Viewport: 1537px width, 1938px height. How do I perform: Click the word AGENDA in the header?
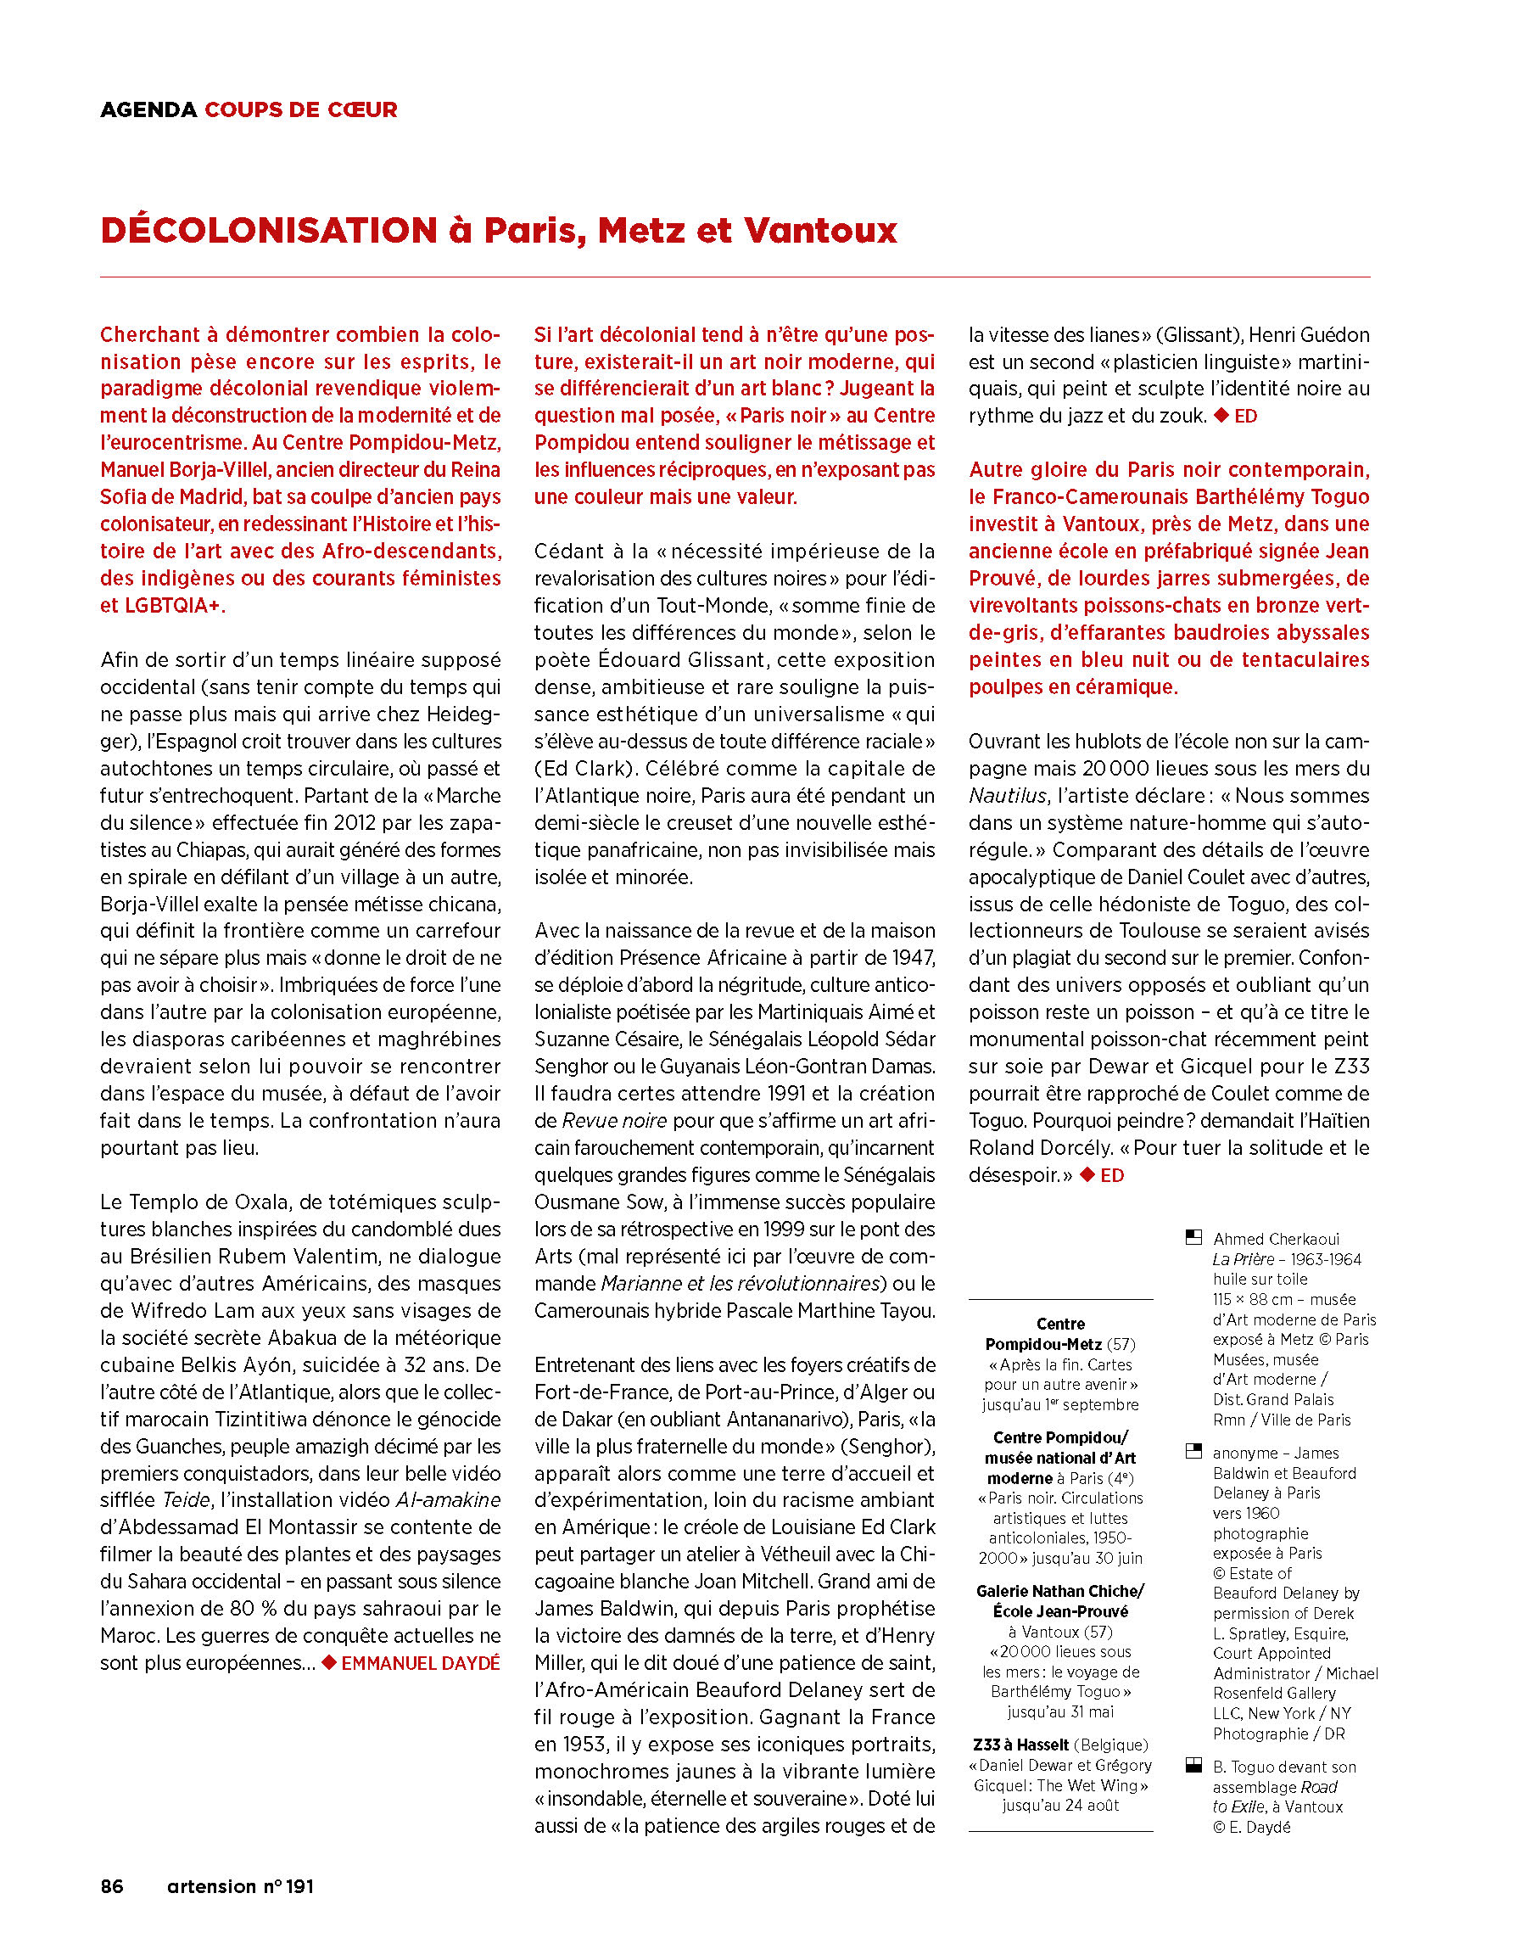point(148,109)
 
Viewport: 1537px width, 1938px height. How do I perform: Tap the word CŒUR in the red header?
point(362,109)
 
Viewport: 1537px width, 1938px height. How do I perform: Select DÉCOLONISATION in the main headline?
point(269,230)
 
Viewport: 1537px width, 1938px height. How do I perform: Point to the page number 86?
point(112,1886)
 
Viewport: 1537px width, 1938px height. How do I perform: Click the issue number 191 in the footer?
point(299,1886)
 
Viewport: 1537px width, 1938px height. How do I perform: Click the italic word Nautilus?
point(1008,796)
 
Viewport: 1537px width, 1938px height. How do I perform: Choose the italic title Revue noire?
point(614,1121)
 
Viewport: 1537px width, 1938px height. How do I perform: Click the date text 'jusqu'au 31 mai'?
point(1059,1711)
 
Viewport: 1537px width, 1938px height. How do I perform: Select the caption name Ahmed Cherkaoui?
point(1276,1239)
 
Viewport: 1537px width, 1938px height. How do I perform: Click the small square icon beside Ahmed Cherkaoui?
point(1193,1237)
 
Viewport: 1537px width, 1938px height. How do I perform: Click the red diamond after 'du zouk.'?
point(1221,415)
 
